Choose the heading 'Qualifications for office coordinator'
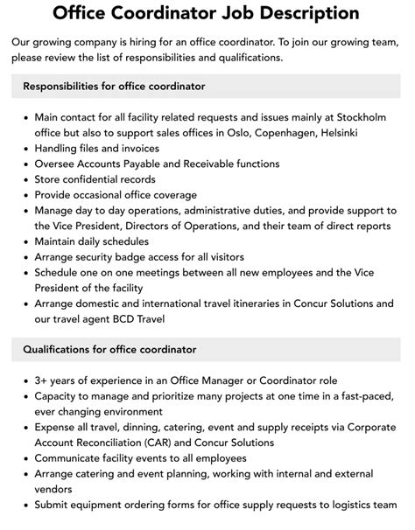coord(110,350)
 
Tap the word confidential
coord(104,179)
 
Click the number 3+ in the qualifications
coord(44,381)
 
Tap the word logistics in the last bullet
coord(333,504)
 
